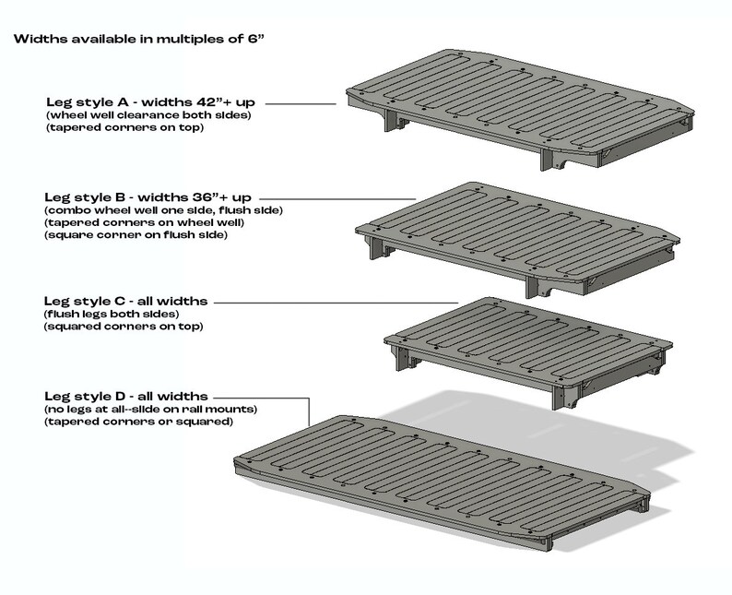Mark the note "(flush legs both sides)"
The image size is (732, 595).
click(102, 314)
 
